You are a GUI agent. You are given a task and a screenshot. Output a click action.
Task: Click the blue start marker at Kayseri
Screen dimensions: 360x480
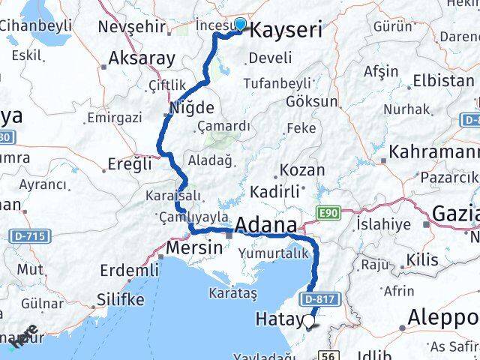click(x=239, y=24)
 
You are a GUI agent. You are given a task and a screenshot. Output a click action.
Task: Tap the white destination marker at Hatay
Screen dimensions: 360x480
click(x=309, y=322)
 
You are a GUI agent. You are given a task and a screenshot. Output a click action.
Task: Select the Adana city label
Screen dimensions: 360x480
click(x=268, y=225)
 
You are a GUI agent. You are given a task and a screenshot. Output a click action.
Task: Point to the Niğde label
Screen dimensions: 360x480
click(x=192, y=107)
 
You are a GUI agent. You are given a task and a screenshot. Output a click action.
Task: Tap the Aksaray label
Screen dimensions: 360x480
click(x=142, y=57)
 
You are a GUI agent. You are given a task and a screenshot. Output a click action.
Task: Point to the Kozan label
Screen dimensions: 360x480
click(x=297, y=170)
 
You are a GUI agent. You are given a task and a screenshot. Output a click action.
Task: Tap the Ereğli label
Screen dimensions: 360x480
click(x=130, y=163)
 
